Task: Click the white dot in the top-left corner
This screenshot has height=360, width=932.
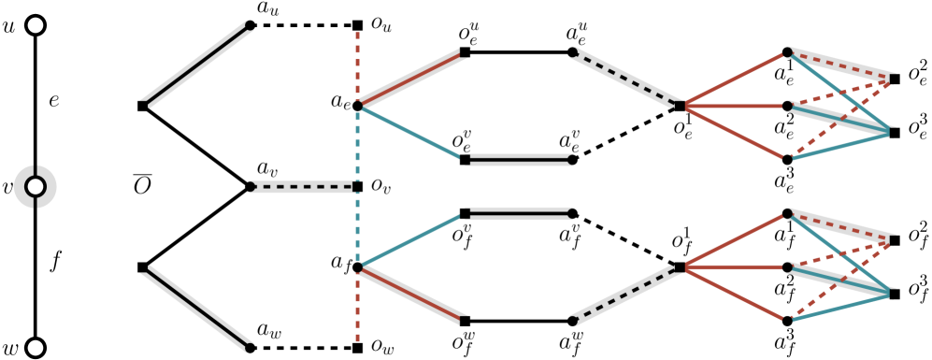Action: point(36,25)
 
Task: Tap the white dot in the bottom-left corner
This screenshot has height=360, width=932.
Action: point(36,348)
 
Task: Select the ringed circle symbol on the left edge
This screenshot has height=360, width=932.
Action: point(36,187)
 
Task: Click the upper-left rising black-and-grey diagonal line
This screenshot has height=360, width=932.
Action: point(197,65)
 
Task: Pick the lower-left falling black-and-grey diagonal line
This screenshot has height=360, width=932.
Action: point(197,309)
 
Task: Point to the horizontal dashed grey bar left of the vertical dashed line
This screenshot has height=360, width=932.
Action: point(304,187)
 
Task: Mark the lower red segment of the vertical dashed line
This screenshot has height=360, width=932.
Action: point(357,309)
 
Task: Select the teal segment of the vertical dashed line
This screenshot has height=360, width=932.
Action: point(357,187)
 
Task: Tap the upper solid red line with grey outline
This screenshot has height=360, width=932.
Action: point(410,79)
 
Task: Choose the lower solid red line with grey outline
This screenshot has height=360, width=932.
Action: point(410,294)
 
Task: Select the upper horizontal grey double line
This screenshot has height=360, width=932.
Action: point(519,160)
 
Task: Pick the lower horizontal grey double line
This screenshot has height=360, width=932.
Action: point(519,213)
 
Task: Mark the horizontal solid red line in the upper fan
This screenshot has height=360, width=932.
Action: point(735,107)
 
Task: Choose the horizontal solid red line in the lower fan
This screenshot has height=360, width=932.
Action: point(735,267)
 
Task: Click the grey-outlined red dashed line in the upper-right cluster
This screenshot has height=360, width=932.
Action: point(841,66)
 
